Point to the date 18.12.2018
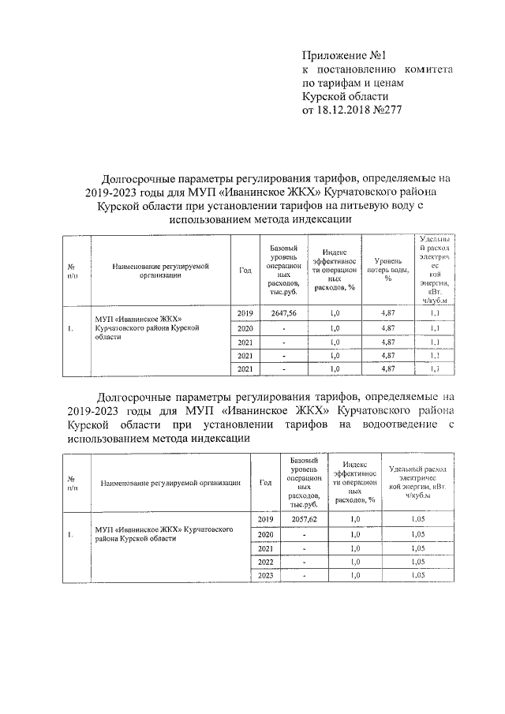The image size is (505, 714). pyautogui.click(x=345, y=110)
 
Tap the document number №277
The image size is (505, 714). pyautogui.click(x=387, y=110)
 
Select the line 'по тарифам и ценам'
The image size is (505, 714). pyautogui.click(x=353, y=83)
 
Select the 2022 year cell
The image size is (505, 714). pyautogui.click(x=266, y=562)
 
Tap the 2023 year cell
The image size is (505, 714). pyautogui.click(x=266, y=576)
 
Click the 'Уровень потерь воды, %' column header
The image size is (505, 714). pyautogui.click(x=388, y=269)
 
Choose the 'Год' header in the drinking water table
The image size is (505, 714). pyautogui.click(x=245, y=270)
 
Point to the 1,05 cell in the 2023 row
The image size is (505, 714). pyautogui.click(x=417, y=576)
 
